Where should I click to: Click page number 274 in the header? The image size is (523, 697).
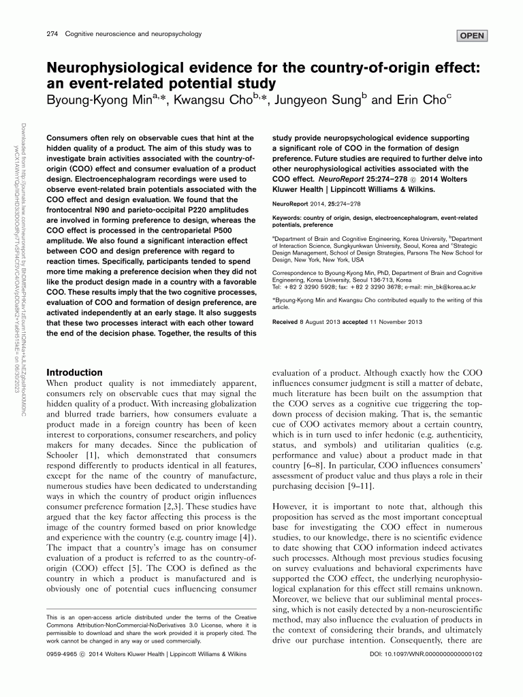pos(52,33)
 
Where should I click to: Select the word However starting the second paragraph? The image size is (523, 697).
pos(292,506)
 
